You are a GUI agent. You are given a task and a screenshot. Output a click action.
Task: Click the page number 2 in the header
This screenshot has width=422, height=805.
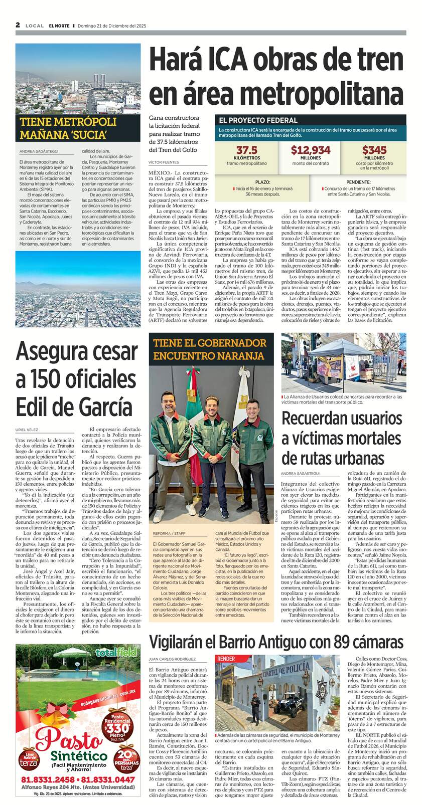point(18,25)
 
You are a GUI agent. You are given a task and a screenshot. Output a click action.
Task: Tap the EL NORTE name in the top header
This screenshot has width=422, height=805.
point(59,26)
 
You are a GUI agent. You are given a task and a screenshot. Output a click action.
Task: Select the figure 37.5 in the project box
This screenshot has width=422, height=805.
point(246,150)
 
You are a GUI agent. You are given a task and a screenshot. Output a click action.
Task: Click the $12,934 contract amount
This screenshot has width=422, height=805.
point(311,150)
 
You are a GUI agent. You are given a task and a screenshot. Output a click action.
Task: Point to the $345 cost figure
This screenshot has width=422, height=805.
point(374,150)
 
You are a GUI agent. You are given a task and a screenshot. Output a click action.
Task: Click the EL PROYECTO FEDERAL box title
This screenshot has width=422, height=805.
point(258,120)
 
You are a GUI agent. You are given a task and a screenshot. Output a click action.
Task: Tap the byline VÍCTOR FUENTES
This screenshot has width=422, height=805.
point(164,162)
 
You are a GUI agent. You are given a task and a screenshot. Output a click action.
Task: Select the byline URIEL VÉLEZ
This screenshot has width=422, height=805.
point(27,430)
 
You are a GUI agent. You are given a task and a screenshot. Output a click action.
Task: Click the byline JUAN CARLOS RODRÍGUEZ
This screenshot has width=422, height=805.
point(172,659)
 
